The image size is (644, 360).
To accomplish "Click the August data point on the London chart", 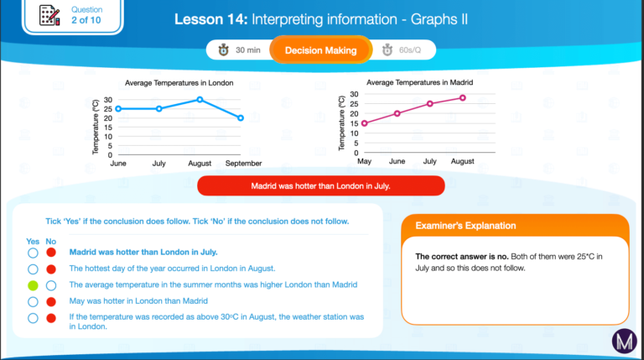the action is pos(200,100).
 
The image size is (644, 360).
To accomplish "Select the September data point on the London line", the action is pos(241,118).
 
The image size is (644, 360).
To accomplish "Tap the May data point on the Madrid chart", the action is pos(364,123).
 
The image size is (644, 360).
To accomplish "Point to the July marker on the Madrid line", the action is pos(429,103).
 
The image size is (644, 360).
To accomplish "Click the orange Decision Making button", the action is pos(321,50).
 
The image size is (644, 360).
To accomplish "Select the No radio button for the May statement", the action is pos(51,301).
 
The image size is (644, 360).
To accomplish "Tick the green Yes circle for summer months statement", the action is pos(33,285).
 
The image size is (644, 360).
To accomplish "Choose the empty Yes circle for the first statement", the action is pos(33,253).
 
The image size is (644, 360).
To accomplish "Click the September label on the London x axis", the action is pos(243,163).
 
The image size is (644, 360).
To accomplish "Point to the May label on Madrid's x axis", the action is pos(364,161).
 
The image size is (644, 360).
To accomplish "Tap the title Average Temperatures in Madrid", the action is pos(420,82).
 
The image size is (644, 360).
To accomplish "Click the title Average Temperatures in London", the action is pos(179,82).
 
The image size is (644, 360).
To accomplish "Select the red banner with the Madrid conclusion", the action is pos(321,185).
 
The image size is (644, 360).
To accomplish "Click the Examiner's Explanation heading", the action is pos(465,226).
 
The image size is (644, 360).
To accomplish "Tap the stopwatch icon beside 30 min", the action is pos(223,50).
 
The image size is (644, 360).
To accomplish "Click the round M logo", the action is pos(624,341).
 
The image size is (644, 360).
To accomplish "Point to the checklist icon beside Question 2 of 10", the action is pos(49,15).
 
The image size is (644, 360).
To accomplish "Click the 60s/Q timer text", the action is pos(410,50).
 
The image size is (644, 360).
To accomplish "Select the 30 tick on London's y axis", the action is pos(108,100).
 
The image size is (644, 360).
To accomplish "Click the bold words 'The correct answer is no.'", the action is pos(462,257).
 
